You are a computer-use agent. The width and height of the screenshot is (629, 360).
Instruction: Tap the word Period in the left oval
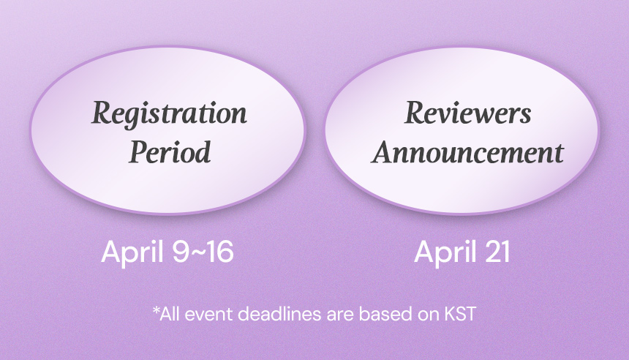click(x=170, y=151)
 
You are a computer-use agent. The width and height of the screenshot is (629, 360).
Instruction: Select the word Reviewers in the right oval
click(x=468, y=113)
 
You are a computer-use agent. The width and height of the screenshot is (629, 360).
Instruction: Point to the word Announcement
click(x=468, y=152)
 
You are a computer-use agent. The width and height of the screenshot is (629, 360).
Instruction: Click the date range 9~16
click(x=203, y=252)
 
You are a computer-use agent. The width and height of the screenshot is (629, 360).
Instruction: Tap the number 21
click(x=497, y=252)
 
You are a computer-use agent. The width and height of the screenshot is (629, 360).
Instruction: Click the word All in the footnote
click(x=170, y=313)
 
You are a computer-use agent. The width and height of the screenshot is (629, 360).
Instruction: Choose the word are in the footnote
click(x=340, y=315)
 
